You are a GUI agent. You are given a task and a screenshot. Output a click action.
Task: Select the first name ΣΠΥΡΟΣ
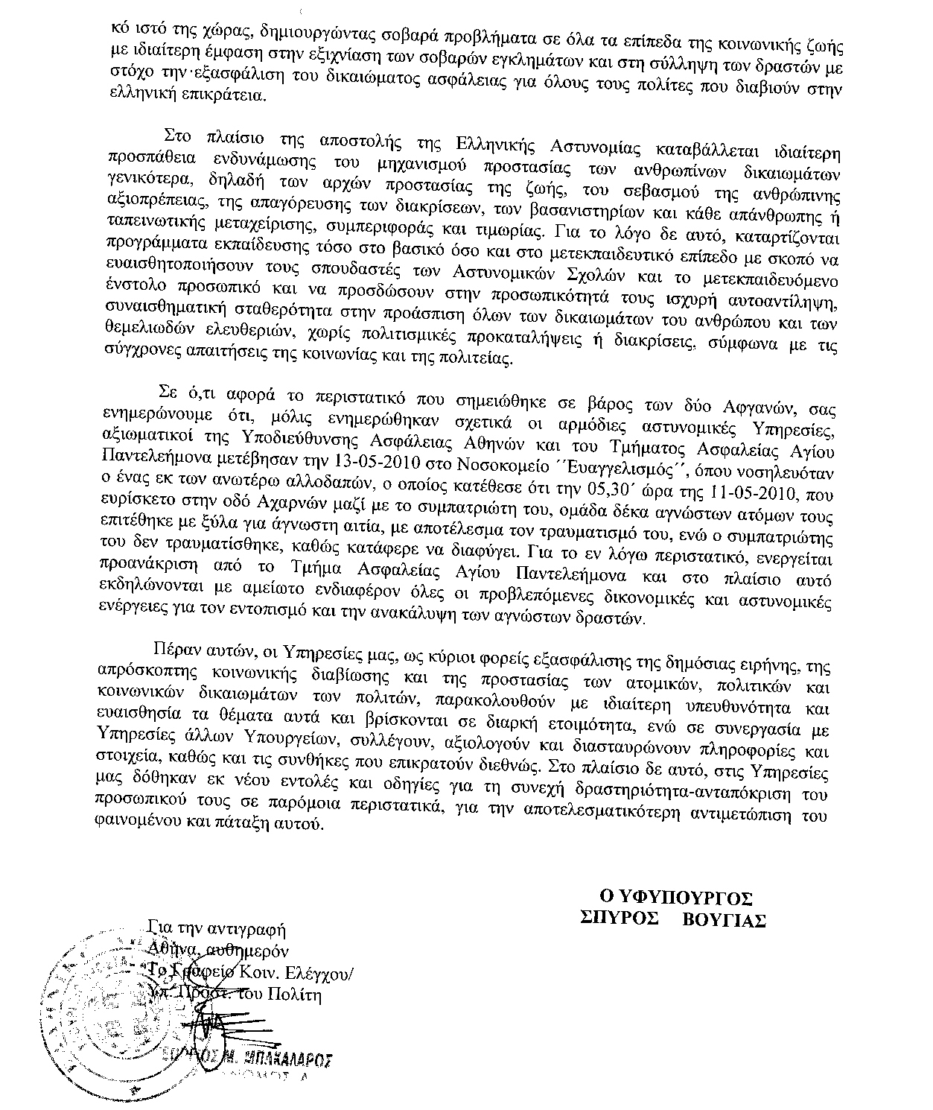coord(619,919)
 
